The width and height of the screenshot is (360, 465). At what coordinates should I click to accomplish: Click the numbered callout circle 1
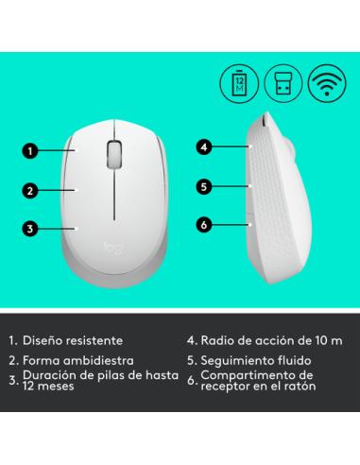(31, 149)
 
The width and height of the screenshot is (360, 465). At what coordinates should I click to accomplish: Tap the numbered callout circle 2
(31, 190)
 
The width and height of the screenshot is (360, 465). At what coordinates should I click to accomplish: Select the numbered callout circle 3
(31, 228)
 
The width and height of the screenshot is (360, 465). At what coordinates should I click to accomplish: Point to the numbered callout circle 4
(203, 146)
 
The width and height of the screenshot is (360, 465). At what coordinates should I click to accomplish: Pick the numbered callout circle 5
(203, 186)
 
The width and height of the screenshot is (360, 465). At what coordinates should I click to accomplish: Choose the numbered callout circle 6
(203, 224)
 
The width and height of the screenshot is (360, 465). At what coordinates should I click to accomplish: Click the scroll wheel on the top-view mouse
(114, 152)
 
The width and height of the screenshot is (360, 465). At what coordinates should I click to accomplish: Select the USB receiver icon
(282, 81)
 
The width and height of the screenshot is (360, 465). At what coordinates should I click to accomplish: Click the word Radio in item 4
(218, 339)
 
